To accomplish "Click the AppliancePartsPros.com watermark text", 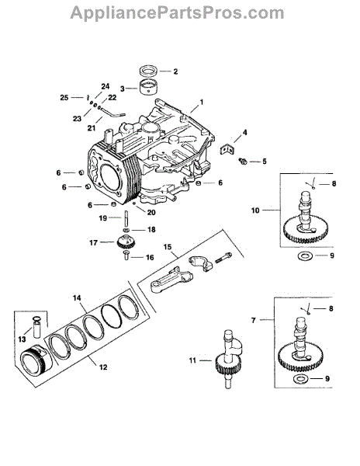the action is (x=177, y=12).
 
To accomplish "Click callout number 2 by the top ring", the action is (x=175, y=71).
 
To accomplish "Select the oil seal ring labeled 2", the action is (x=149, y=71).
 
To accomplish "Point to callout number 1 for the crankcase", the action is (x=202, y=103).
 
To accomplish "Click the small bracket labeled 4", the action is (x=227, y=149).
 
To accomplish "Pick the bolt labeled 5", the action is (x=243, y=161).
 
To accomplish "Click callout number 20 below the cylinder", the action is (x=151, y=213).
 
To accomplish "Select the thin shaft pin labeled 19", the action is (x=126, y=219).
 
